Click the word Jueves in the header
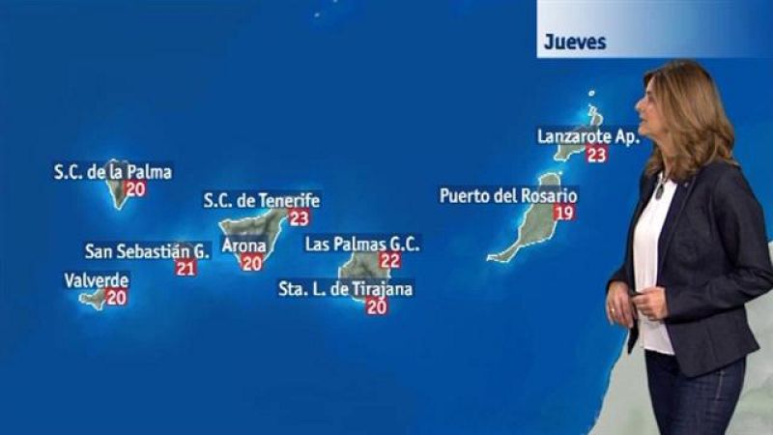coord(575,42)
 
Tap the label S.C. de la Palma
coord(113,173)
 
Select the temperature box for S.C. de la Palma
coord(135,189)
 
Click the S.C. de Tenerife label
coord(261,201)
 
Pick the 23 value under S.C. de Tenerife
coord(299,218)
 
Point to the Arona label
coord(243,246)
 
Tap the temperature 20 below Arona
coord(252,263)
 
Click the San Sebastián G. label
coord(147,251)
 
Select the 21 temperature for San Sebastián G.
coord(186,269)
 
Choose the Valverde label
coord(97,281)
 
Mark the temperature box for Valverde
coord(117,298)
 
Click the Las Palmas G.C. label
coord(362,245)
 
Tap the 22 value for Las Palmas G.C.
coord(390,261)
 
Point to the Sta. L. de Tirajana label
coord(345,289)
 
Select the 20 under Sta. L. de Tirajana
coord(377,307)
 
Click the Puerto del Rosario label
coord(508,195)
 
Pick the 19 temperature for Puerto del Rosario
coord(564,213)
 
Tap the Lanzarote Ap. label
coord(588,137)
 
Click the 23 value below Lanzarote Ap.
coord(596,155)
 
